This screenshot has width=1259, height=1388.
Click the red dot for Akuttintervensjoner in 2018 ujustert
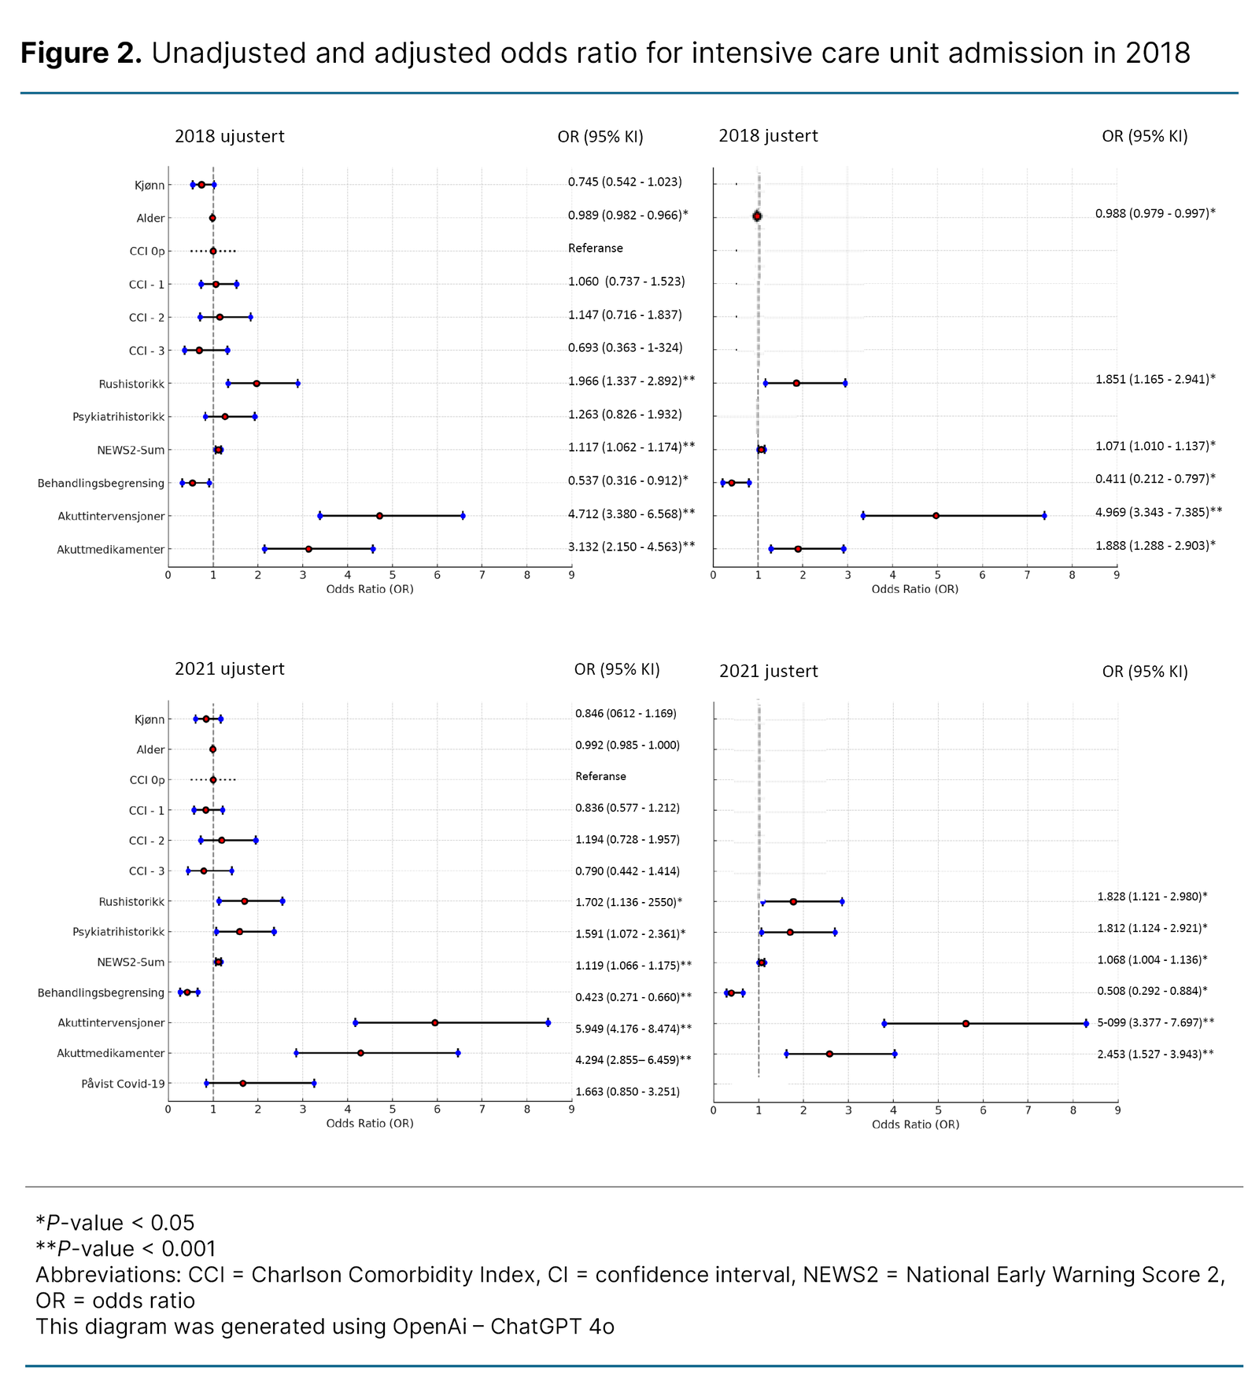(379, 516)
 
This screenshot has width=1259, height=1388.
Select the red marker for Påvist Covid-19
(243, 1084)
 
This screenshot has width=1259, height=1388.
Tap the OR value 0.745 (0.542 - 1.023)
(625, 182)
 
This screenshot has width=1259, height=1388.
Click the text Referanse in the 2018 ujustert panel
(596, 249)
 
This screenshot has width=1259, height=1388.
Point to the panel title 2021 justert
(768, 671)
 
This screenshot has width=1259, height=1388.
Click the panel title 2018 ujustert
(230, 136)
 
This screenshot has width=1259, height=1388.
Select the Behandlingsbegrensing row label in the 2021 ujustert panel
(102, 992)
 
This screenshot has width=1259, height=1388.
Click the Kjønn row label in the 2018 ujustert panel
(150, 186)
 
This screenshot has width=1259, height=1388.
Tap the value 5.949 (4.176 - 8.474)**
(633, 1028)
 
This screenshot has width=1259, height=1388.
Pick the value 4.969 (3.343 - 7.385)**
(1158, 512)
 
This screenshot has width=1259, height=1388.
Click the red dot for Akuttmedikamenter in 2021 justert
(829, 1054)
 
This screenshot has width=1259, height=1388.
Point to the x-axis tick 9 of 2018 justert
(1117, 576)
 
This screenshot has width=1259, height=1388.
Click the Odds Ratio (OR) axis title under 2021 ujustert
(370, 1123)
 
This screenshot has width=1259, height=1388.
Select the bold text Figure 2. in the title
(81, 53)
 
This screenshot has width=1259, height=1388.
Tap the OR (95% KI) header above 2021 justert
(1145, 671)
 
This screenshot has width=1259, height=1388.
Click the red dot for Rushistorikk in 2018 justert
(796, 383)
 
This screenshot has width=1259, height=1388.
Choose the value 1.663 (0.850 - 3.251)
(627, 1092)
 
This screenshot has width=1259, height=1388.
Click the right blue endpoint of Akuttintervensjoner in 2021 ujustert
(548, 1023)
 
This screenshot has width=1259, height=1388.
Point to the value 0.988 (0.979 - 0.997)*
(1155, 213)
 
